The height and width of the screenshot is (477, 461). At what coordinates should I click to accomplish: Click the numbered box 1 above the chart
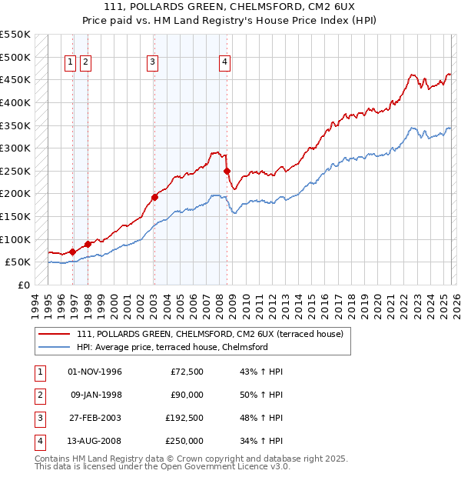pos(70,63)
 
